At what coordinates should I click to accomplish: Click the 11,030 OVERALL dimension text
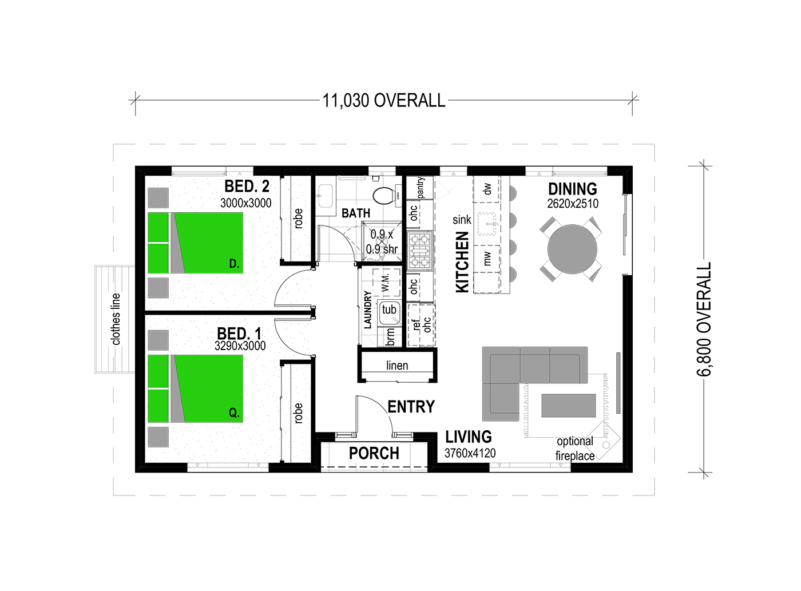tap(383, 101)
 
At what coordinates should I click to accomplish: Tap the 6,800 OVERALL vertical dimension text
tap(704, 319)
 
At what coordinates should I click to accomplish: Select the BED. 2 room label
tap(247, 187)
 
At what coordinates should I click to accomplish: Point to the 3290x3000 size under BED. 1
tap(240, 346)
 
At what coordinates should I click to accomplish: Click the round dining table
tap(572, 249)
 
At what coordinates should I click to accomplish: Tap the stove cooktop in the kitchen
tap(420, 251)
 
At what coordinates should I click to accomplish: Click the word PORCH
tap(374, 453)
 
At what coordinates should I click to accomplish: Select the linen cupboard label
tap(397, 366)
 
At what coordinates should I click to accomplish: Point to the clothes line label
tap(116, 319)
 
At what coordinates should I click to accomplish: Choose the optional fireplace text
tap(574, 449)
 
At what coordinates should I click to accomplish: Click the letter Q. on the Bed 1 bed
tap(234, 412)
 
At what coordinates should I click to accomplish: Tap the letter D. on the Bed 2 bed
tap(234, 264)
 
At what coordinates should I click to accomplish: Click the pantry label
tap(420, 188)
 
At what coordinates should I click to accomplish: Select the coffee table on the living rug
tap(569, 405)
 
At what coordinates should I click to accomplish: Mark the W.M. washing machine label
tap(386, 283)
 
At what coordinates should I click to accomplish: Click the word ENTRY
tap(411, 407)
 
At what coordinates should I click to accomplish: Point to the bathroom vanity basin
tap(326, 196)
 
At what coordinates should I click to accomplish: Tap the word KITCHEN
tap(462, 262)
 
